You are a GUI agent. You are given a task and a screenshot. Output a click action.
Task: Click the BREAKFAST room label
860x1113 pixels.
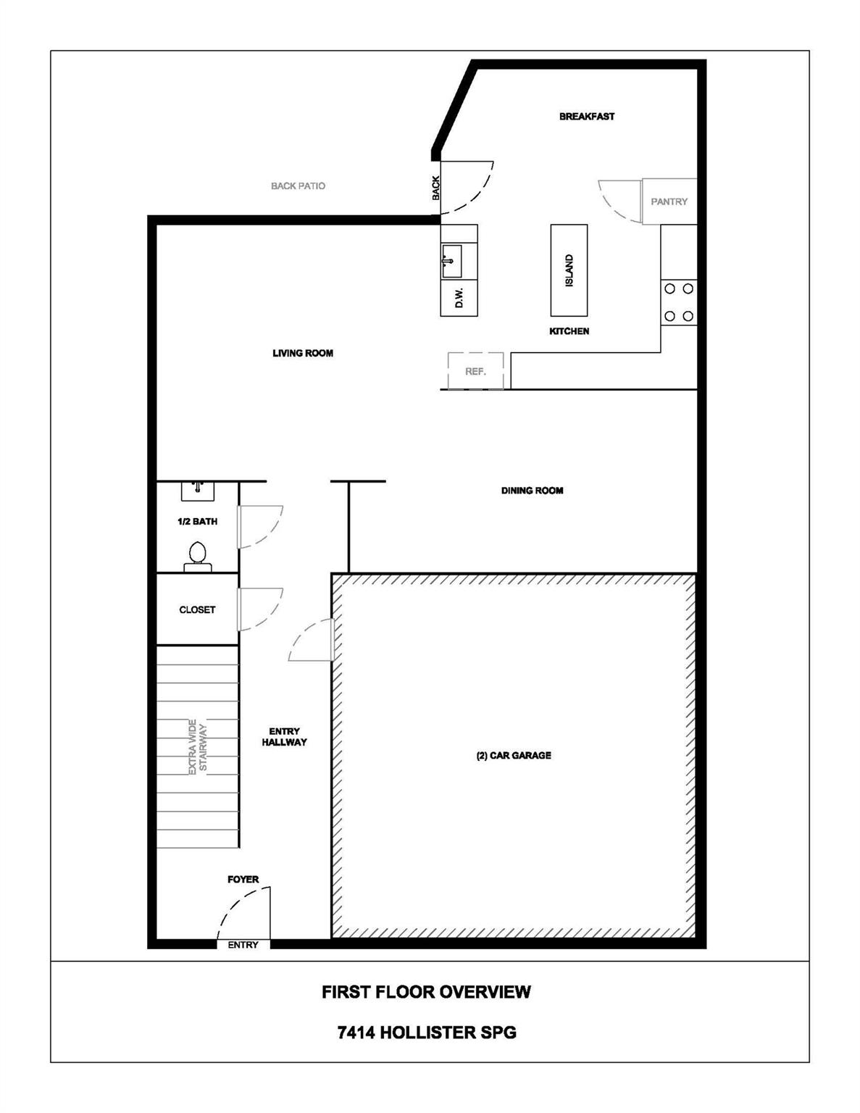pos(586,116)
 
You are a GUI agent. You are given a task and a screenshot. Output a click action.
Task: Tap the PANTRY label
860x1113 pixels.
pos(669,201)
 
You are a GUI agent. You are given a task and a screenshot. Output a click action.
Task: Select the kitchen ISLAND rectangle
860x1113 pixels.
pos(569,270)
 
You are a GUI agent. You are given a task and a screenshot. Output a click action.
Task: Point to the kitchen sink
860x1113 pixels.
pos(451,260)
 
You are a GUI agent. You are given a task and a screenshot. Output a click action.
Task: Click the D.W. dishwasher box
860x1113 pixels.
pos(459,298)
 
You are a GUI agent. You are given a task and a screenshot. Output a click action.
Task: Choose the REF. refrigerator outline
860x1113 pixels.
pos(475,371)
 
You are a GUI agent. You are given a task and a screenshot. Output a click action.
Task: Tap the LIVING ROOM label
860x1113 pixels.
pos(303,354)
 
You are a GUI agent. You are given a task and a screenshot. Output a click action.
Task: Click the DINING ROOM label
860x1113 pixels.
pos(532,491)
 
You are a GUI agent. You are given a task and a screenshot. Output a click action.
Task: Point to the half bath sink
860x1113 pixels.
pos(197,491)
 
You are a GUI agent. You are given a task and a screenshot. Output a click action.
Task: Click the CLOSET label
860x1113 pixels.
pos(197,610)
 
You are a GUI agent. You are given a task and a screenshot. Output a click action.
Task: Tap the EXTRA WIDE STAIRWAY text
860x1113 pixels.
pos(197,747)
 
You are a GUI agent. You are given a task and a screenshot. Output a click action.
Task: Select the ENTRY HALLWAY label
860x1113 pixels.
pos(284,737)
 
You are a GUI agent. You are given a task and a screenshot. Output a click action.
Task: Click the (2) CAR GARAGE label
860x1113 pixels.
pos(514,755)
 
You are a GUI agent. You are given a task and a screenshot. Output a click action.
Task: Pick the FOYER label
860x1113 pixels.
pos(243,880)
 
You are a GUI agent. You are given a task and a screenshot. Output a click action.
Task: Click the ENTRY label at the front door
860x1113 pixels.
pos(243,945)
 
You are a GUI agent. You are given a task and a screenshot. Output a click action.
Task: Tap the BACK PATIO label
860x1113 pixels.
pos(298,186)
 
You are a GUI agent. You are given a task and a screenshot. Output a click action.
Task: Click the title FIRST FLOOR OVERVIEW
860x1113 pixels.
pos(426,992)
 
